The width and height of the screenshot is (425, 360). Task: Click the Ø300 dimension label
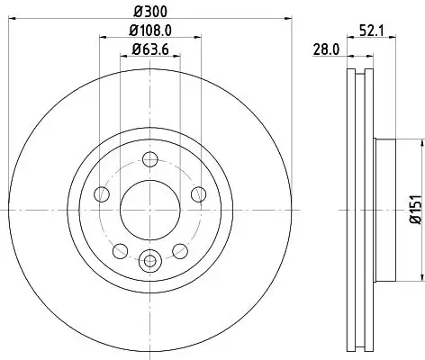(149, 11)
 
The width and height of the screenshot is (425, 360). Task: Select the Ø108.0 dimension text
(149, 31)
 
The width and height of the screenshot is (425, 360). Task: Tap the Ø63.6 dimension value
(149, 49)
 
